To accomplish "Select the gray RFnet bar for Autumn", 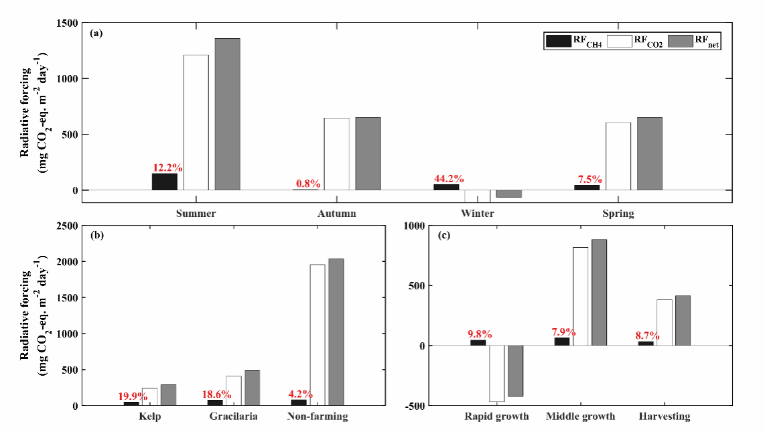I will click(368, 153).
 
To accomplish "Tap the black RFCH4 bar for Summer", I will click(164, 182).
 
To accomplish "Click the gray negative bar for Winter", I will click(508, 194).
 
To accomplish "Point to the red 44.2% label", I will click(450, 178).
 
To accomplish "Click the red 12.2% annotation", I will click(167, 167).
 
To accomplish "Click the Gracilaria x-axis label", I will click(233, 417).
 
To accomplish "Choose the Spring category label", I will click(618, 214).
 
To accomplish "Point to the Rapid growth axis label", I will click(496, 417).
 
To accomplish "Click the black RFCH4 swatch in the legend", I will click(557, 41).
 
